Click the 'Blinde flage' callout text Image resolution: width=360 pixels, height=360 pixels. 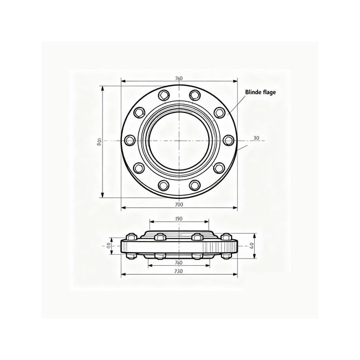pos(262,92)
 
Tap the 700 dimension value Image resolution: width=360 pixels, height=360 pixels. pos(179,204)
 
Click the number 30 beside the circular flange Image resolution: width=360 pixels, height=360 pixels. pos(256,138)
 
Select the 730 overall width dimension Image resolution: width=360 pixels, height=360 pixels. pos(179,272)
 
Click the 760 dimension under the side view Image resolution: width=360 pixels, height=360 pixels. pos(179,262)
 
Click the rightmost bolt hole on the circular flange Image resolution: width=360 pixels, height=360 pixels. pos(228,141)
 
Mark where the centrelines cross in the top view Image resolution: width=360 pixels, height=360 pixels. pos(179,141)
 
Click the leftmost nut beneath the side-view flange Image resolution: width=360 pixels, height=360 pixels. pos(132,256)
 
